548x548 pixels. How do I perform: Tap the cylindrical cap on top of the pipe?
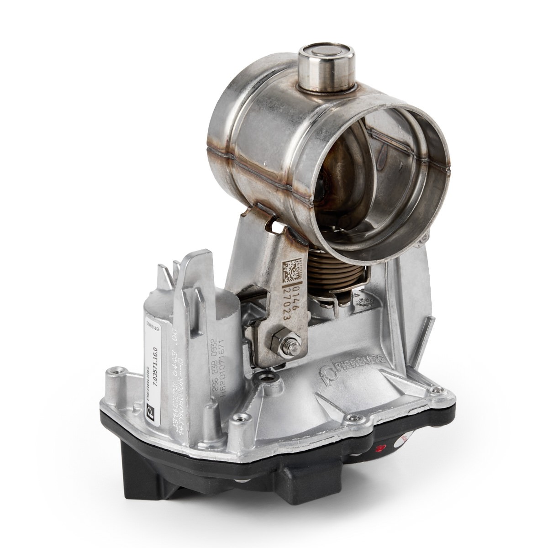point(326,64)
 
